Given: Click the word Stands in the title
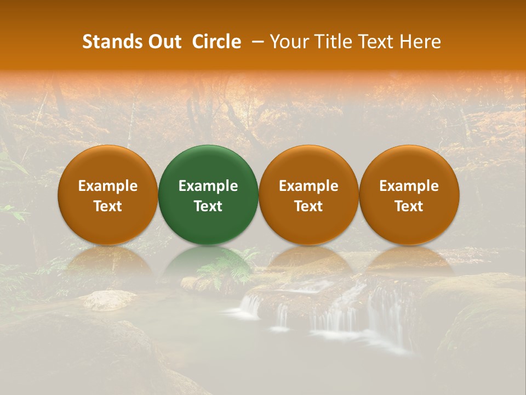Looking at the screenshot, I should tap(112, 42).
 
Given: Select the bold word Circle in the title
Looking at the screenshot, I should tap(216, 42).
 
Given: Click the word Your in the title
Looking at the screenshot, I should tap(289, 42).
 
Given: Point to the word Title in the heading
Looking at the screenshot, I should tap(332, 42).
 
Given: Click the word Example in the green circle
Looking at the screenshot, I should tap(208, 186).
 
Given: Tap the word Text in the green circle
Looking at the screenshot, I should tap(208, 206).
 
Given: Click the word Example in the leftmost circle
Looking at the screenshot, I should tap(108, 186).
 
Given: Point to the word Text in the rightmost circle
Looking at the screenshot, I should tap(409, 206).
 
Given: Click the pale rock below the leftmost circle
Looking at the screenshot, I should tap(109, 300).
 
